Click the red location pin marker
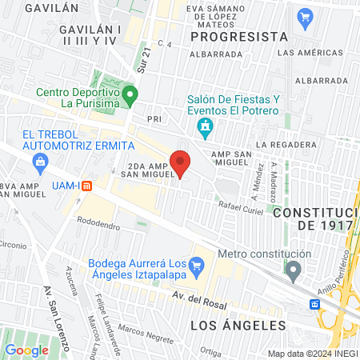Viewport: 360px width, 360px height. coord(181,162)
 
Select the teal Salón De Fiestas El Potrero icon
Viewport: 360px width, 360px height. coord(206,126)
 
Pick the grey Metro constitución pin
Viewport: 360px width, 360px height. coord(294,270)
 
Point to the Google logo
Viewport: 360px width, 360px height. coord(27,350)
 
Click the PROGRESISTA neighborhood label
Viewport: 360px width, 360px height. coord(240,37)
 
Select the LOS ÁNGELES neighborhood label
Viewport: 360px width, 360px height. coord(238,326)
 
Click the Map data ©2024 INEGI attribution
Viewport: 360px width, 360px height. coord(312,354)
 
